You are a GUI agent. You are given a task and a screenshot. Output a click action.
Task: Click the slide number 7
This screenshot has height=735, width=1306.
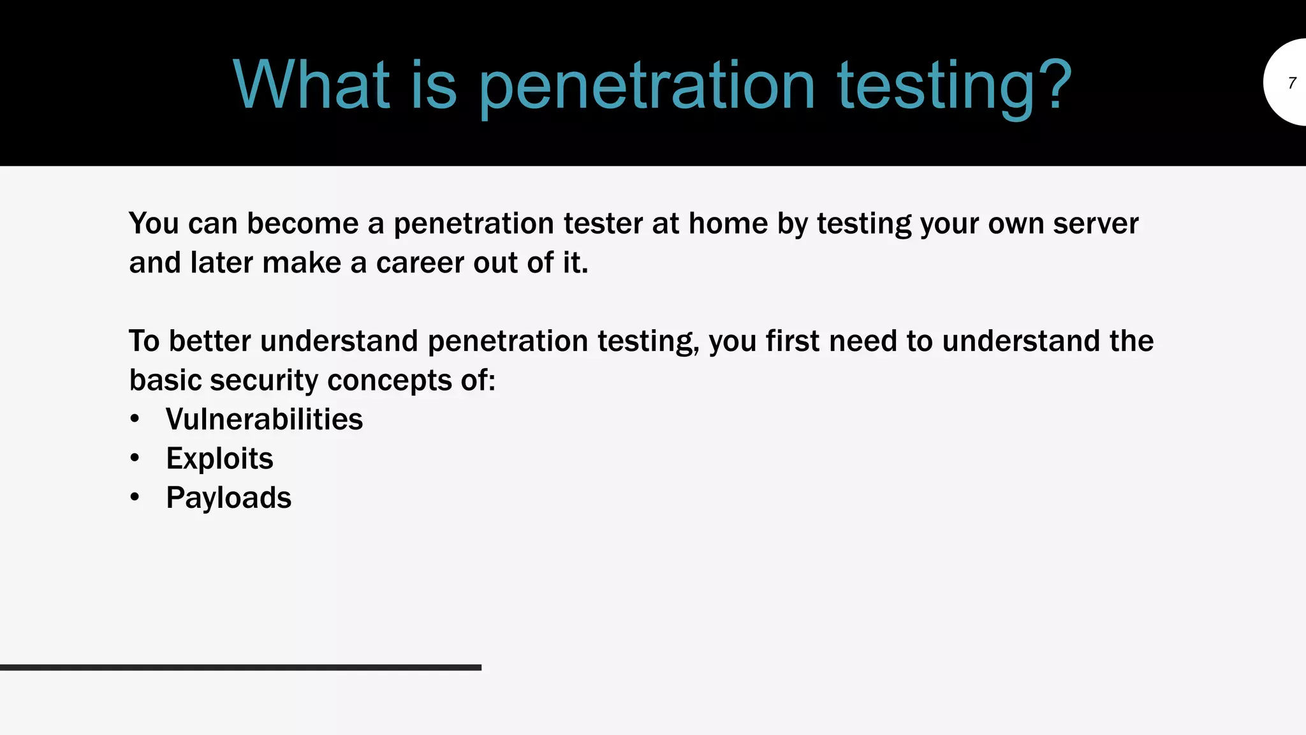(1292, 83)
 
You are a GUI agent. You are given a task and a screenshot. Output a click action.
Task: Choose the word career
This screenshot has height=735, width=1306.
(420, 263)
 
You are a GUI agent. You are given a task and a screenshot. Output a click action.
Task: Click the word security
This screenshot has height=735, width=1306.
(264, 380)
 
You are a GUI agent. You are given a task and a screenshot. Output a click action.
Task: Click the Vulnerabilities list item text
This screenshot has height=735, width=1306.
(264, 419)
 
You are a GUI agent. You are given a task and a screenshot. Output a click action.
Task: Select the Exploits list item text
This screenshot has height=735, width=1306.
(219, 459)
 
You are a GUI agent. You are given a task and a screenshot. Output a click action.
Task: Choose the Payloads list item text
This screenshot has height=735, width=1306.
(228, 498)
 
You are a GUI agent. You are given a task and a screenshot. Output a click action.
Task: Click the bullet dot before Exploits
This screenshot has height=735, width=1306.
(135, 459)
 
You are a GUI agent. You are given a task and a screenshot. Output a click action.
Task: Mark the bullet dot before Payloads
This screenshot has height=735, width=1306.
(135, 498)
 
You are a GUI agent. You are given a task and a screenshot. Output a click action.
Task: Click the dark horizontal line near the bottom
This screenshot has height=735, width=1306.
(240, 667)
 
